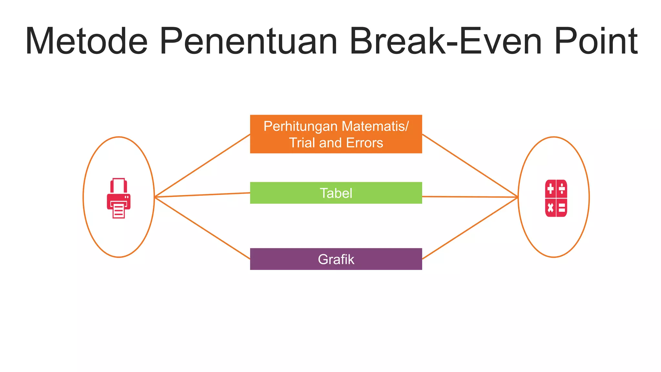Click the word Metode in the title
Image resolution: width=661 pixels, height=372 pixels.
tap(86, 41)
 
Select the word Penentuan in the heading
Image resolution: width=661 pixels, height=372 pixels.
tap(249, 41)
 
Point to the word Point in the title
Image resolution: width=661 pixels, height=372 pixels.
tap(596, 41)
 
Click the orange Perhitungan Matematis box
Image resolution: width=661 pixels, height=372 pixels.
tap(336, 134)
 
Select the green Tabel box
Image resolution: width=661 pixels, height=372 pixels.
tap(336, 193)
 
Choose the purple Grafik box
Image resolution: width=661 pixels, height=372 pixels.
tap(336, 259)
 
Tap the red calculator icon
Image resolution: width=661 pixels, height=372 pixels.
tap(556, 198)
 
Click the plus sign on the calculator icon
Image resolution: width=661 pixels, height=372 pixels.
tap(550, 189)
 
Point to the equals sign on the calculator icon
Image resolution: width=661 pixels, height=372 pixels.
tap(562, 207)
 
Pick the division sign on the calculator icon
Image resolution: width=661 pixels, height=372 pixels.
tap(562, 189)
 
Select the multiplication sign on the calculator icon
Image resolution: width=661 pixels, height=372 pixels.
tap(550, 207)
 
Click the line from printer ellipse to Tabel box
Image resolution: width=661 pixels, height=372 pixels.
tap(202, 195)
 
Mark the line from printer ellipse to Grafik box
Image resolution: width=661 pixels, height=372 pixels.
tap(202, 228)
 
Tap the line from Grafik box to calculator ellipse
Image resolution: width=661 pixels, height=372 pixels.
tap(470, 228)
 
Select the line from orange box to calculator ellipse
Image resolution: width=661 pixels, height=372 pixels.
tap(470, 166)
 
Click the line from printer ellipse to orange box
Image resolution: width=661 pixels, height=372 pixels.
tap(202, 166)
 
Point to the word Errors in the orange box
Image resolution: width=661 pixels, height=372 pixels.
tap(364, 143)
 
